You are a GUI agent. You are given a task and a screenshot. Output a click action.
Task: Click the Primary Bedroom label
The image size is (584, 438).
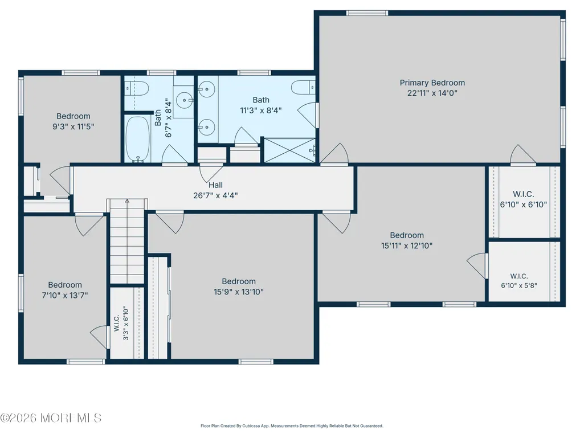click(432, 83)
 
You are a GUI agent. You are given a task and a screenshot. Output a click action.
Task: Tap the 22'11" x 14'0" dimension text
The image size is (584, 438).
click(432, 93)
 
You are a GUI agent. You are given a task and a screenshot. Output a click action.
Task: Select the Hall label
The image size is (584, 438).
click(215, 185)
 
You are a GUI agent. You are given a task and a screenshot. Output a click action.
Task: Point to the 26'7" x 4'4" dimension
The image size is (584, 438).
click(215, 195)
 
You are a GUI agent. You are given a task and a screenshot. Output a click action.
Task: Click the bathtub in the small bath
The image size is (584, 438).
click(138, 140)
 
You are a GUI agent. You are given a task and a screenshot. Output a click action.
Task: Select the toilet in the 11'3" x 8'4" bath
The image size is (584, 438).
click(303, 88)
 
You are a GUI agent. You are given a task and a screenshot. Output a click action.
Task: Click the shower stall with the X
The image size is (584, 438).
click(290, 150)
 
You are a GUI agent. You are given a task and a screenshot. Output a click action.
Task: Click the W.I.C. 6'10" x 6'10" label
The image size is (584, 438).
click(523, 199)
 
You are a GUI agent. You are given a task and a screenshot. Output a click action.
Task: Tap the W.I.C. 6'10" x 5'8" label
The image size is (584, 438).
click(519, 281)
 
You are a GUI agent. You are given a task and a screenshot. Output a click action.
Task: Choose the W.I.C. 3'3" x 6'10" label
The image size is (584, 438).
click(121, 324)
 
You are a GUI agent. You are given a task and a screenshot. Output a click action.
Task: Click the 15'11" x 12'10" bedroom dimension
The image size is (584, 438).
click(407, 246)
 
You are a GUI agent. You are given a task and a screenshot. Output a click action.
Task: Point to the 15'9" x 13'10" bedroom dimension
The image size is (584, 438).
click(238, 292)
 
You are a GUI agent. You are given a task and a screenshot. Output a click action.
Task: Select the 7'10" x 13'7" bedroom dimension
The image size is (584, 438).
click(65, 296)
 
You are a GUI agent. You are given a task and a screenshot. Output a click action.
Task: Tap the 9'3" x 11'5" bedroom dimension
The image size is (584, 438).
click(73, 126)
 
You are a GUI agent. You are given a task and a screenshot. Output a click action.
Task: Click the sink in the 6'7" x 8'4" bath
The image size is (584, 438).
click(184, 100)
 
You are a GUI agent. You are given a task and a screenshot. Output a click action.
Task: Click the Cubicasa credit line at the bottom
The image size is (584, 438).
click(292, 425)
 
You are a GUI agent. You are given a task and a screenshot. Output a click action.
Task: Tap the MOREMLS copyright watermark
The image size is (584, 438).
click(51, 418)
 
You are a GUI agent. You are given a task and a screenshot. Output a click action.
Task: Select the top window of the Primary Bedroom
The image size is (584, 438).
click(367, 13)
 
